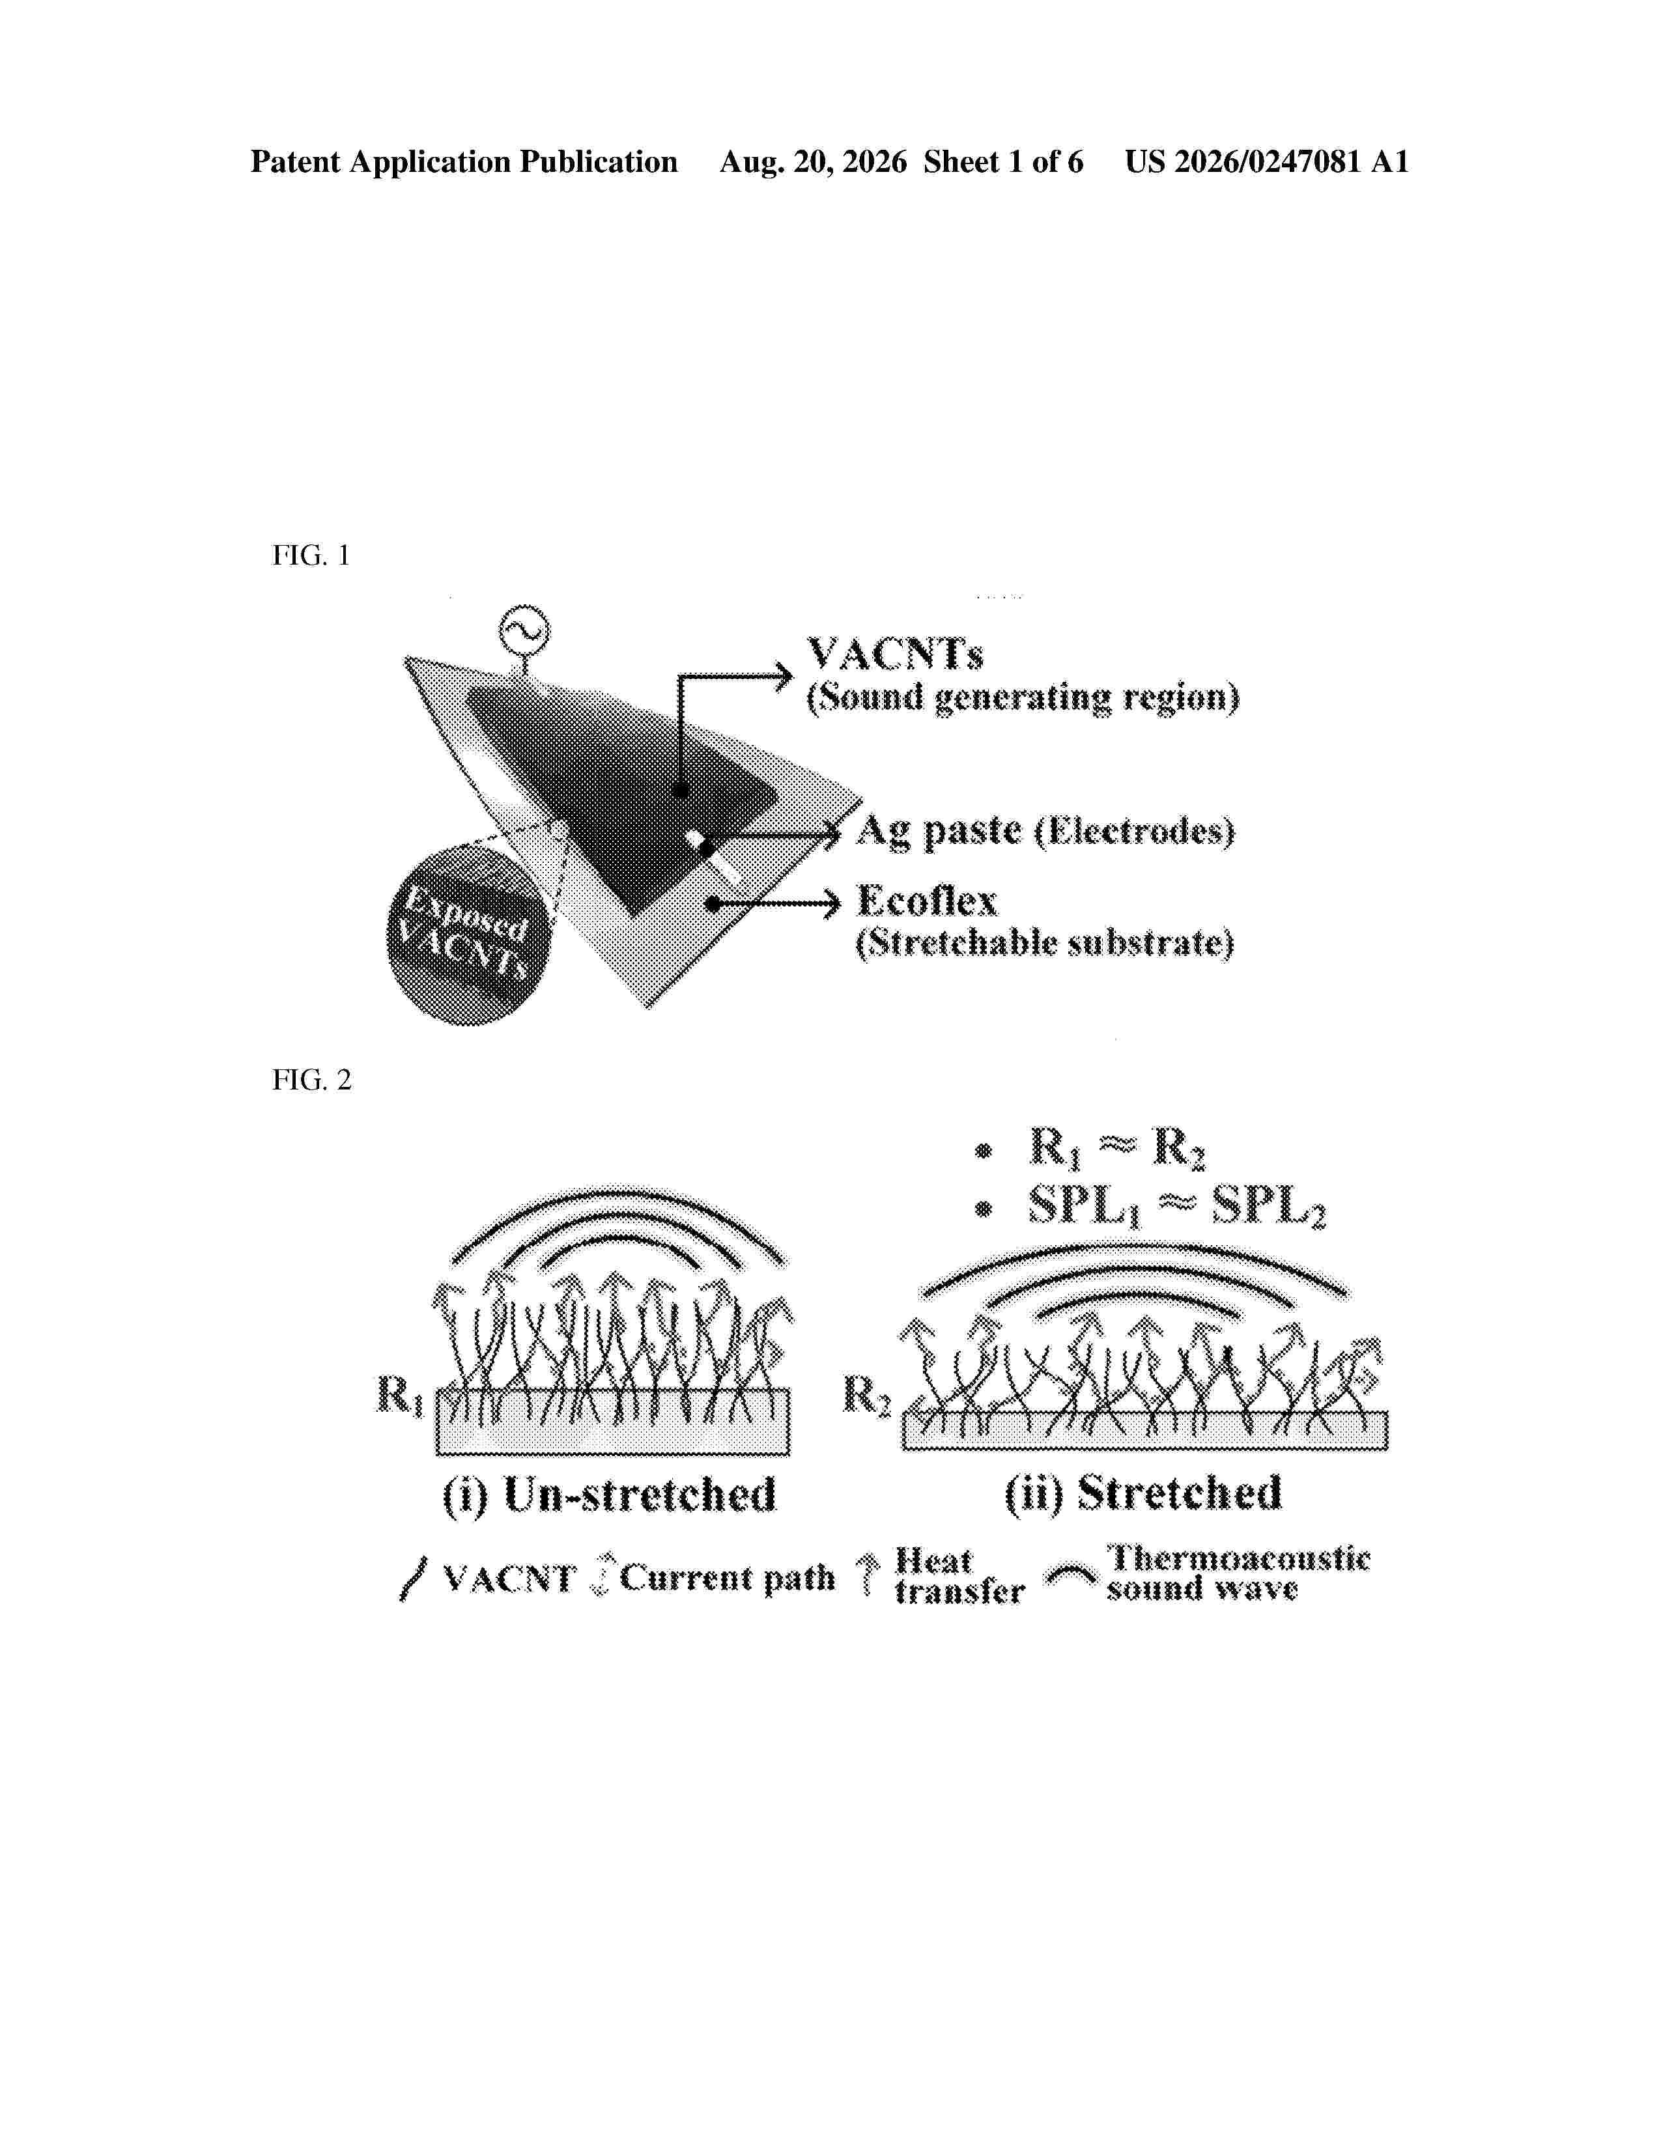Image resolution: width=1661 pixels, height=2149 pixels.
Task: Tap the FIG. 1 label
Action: tap(311, 556)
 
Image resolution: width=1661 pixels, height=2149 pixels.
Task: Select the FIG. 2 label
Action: tap(311, 1080)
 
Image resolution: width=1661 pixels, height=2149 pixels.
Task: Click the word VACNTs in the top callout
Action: tap(894, 653)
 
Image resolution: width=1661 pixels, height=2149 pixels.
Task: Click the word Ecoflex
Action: tap(927, 901)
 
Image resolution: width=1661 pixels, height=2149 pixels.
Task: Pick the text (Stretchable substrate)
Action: tap(1044, 944)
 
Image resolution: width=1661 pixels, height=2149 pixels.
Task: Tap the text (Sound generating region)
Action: tap(1023, 697)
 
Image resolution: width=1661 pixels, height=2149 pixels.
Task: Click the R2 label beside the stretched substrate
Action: tap(867, 1396)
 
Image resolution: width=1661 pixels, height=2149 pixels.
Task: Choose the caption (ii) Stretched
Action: tap(1143, 1493)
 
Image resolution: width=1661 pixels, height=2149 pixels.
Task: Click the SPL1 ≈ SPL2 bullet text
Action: tap(1176, 1207)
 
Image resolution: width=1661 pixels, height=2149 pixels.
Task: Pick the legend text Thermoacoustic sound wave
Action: tap(1238, 1573)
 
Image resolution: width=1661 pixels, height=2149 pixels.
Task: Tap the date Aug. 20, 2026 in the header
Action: tap(813, 162)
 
